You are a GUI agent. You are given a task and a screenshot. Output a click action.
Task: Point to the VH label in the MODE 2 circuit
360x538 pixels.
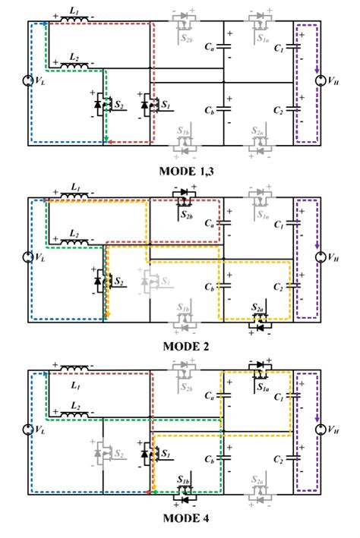tap(333, 257)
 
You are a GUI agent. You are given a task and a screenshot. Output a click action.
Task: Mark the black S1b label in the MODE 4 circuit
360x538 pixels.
tap(185, 481)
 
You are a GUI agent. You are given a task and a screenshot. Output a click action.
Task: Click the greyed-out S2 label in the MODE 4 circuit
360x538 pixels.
tap(119, 455)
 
